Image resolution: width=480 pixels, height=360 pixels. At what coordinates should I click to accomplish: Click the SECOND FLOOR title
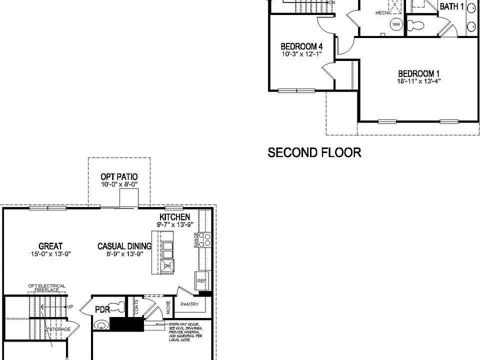click(x=314, y=152)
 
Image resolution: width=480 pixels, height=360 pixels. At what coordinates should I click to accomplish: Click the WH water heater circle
click(x=396, y=24)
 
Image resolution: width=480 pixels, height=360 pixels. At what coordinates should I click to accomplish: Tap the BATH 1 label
click(x=452, y=6)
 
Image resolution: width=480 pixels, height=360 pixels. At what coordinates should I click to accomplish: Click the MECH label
click(x=382, y=13)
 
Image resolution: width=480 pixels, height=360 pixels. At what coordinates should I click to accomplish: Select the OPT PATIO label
click(x=119, y=177)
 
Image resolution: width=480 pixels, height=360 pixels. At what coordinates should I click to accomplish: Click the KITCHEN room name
click(x=174, y=217)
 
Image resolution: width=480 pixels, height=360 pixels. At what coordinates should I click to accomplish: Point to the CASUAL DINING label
click(x=124, y=246)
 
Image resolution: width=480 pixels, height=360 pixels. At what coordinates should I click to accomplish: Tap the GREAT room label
click(x=50, y=246)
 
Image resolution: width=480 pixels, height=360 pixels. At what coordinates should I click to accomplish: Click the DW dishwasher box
click(x=167, y=266)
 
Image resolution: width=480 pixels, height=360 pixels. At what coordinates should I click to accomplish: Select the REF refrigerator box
click(x=201, y=281)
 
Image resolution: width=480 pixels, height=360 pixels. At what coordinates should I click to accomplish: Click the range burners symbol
click(x=204, y=240)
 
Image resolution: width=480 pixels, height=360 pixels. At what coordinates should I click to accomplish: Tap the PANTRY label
click(x=189, y=304)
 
